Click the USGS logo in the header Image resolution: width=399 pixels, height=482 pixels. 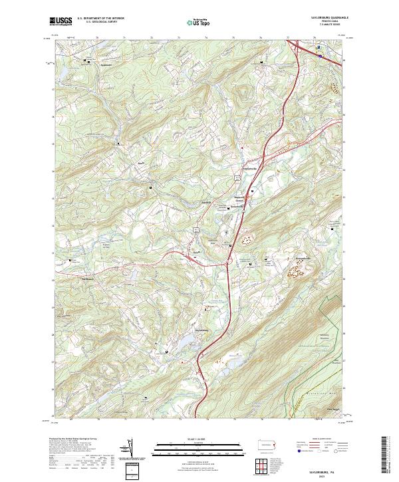61,21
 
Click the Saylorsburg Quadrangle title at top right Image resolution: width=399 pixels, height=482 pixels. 327,18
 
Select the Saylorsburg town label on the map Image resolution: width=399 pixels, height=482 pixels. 202,330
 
